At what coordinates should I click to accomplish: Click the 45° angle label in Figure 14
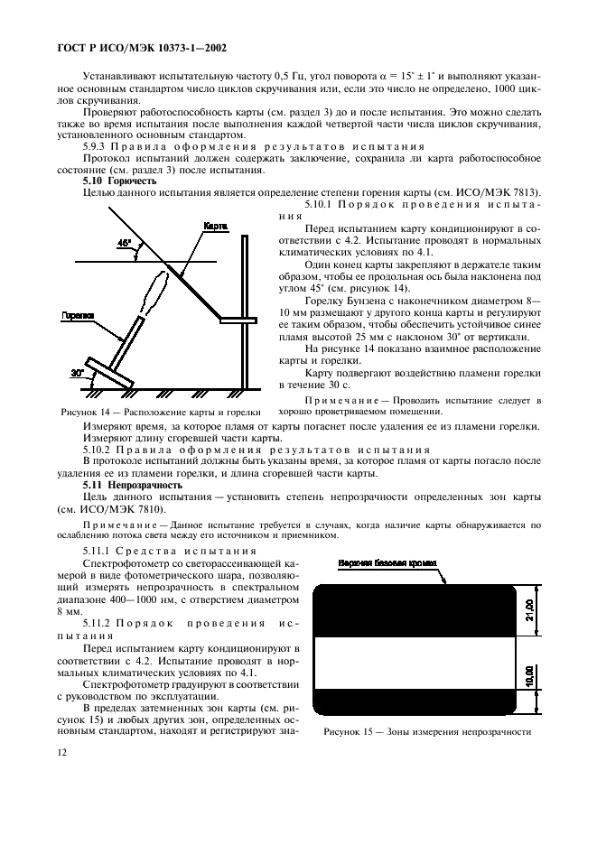(123, 243)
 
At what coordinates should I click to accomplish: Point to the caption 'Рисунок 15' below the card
(426, 732)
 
